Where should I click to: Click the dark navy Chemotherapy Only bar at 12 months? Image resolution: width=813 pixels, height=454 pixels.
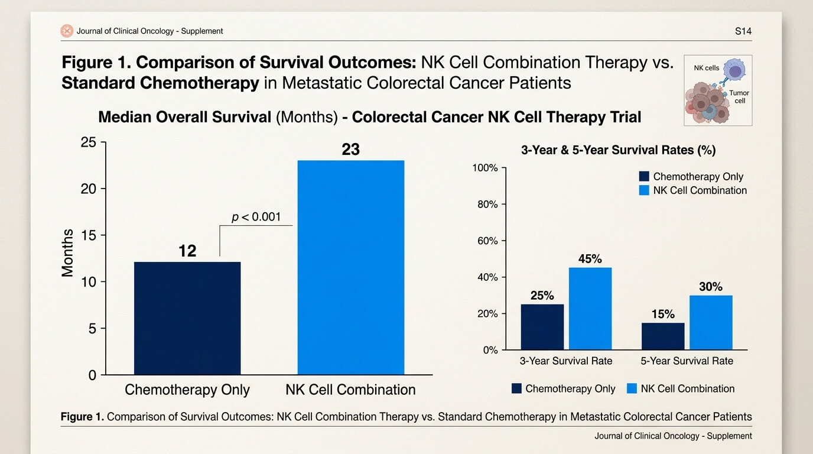[187, 318]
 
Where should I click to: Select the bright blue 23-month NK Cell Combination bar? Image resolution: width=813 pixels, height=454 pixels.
[351, 267]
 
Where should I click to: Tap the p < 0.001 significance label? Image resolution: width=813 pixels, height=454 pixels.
[256, 217]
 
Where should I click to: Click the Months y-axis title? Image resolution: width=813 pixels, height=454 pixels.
[67, 253]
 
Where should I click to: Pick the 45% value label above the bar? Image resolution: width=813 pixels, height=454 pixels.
[590, 259]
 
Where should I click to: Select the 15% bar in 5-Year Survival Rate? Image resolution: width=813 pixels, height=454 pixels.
[663, 336]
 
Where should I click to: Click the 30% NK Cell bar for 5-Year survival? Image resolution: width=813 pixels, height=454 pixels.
[711, 323]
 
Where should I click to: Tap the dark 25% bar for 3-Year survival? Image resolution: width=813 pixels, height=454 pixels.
[542, 327]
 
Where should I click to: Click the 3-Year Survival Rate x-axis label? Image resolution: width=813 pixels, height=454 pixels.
[566, 361]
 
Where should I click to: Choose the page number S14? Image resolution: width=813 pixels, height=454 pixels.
[743, 31]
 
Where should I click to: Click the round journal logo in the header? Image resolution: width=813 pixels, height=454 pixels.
[67, 31]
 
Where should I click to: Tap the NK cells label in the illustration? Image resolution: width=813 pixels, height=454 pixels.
[706, 68]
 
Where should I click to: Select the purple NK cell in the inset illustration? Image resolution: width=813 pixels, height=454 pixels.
[734, 70]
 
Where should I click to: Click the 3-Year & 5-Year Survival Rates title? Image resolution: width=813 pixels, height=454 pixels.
[619, 150]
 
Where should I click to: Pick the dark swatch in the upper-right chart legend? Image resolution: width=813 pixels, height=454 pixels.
[644, 177]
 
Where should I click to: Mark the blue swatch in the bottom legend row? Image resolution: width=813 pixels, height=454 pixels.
[632, 388]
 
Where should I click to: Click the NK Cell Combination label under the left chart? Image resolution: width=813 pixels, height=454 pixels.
[350, 390]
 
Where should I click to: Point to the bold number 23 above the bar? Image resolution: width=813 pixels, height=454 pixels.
[350, 150]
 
